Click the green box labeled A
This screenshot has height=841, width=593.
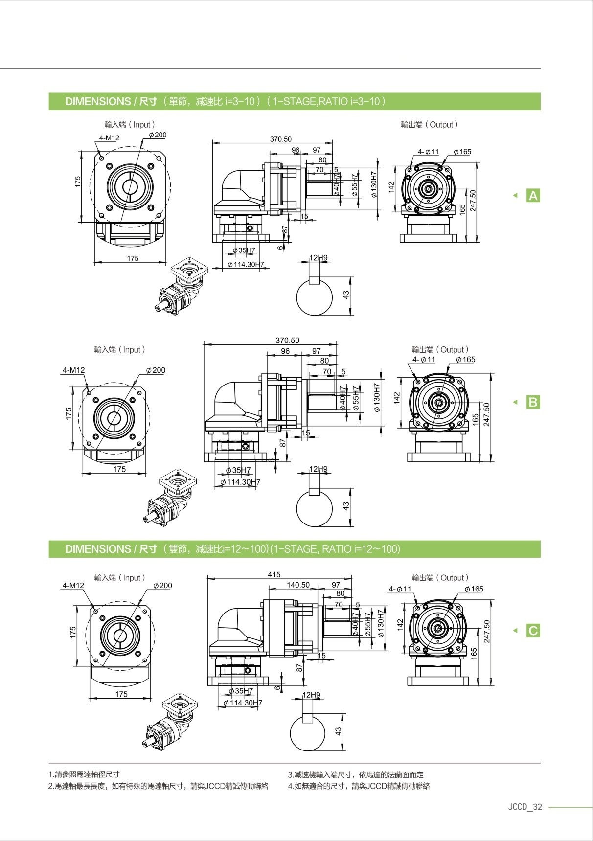(x=533, y=196)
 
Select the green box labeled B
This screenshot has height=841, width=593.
(x=533, y=402)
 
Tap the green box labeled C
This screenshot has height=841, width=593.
(x=533, y=631)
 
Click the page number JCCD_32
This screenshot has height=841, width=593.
(x=525, y=807)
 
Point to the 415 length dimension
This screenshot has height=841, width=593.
(x=274, y=574)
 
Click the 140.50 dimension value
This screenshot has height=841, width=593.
(x=298, y=585)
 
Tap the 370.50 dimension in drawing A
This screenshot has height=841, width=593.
(x=280, y=139)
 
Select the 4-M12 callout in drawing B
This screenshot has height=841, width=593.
(x=73, y=370)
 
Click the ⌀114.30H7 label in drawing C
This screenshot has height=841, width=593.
(x=243, y=703)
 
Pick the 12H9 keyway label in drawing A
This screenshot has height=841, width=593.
(x=319, y=258)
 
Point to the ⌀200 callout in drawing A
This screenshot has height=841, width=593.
(x=158, y=135)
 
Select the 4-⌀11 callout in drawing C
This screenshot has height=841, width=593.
(x=400, y=589)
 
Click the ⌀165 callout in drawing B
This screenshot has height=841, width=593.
(x=465, y=360)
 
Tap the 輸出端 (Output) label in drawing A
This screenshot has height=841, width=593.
(x=429, y=125)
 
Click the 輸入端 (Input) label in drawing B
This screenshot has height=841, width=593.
(x=120, y=350)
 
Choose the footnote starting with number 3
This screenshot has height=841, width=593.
(x=356, y=774)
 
